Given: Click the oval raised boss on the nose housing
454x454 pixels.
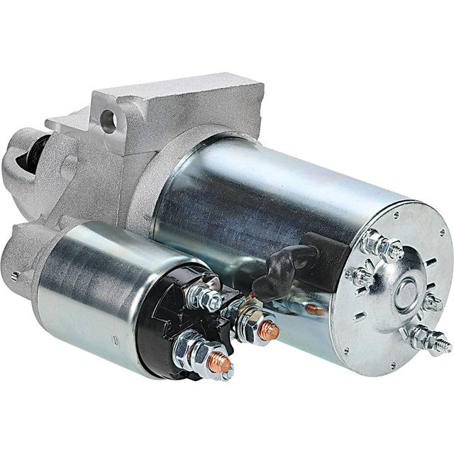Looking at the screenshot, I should [70, 167].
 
